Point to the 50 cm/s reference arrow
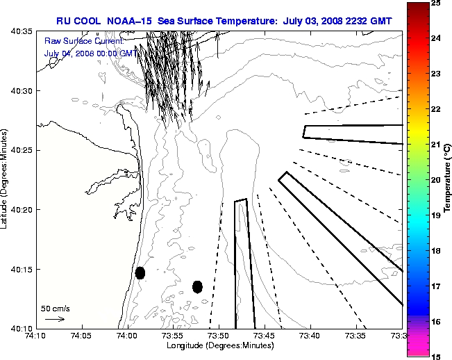(x=54, y=319)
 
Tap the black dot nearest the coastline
(x=140, y=272)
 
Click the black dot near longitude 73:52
(x=197, y=286)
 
